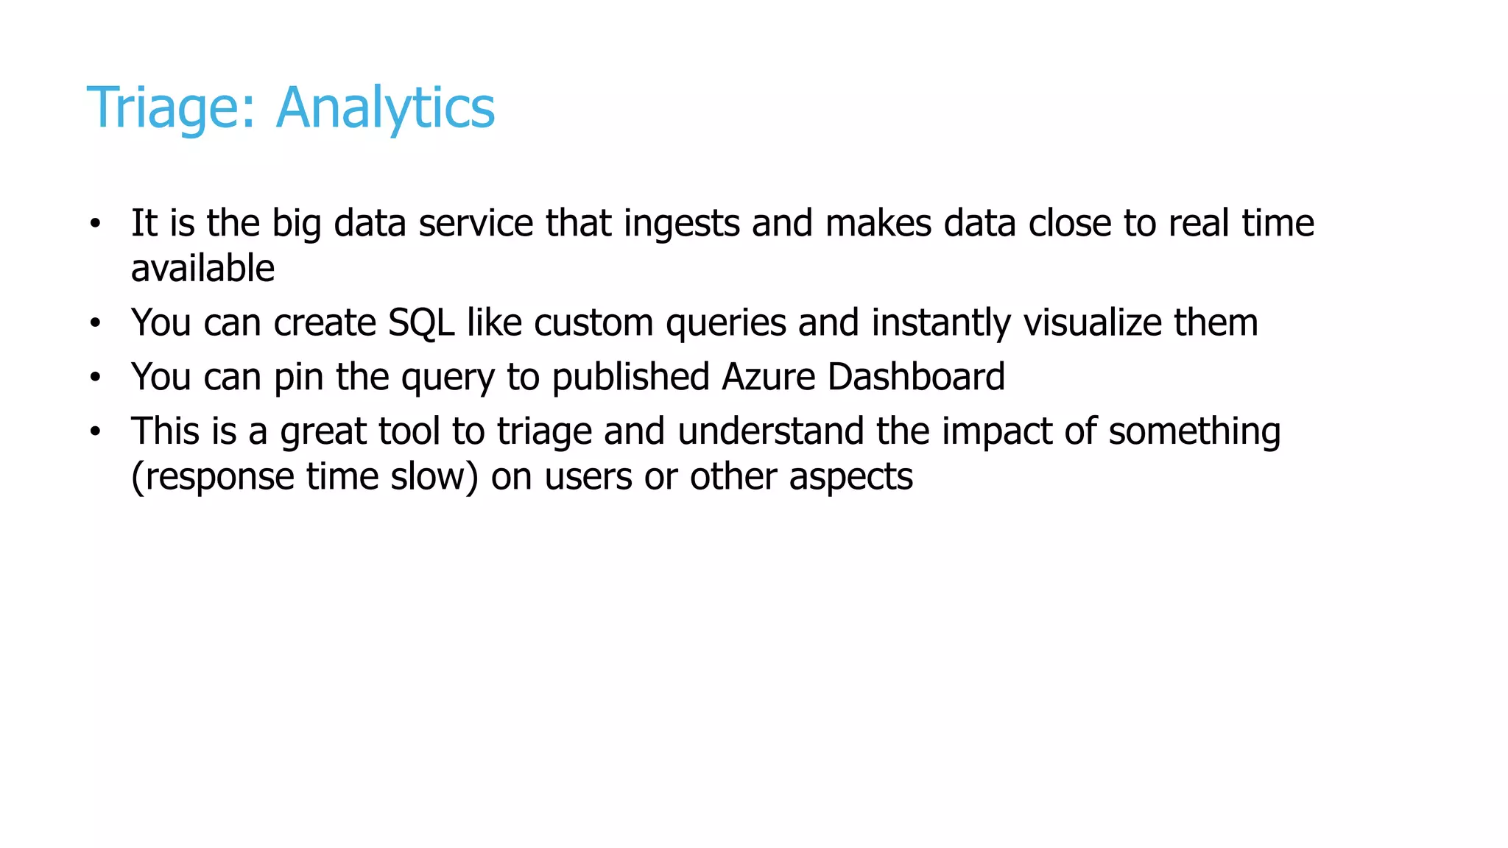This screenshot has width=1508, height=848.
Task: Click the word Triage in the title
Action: (171, 108)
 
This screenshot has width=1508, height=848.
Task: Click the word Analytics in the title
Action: (385, 108)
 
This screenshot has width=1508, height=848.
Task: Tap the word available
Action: (202, 268)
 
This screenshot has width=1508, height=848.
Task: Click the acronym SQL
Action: (421, 322)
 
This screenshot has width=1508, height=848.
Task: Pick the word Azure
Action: (768, 377)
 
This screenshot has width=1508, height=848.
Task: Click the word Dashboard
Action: (916, 377)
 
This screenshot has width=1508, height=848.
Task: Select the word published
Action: (630, 377)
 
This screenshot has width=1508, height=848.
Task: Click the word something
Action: (1194, 431)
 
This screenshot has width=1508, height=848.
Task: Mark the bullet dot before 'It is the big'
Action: (94, 223)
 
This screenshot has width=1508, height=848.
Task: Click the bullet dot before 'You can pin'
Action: (94, 377)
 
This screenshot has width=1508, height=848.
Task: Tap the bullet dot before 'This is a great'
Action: (94, 431)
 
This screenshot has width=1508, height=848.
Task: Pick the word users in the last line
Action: (588, 476)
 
